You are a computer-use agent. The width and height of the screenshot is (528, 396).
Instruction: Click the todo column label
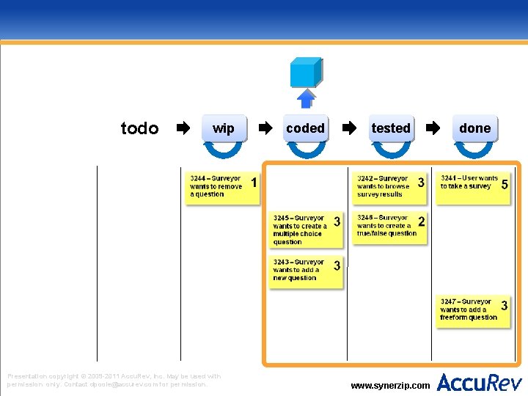point(139,129)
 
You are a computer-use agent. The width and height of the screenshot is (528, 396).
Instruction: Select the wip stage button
point(223,129)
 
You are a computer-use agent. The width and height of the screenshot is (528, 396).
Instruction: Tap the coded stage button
point(306,128)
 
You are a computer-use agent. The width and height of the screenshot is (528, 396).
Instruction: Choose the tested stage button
point(391,128)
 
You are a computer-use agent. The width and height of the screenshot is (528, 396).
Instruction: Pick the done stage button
point(474,128)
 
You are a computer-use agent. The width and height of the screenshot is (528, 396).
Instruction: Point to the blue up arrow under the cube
point(306,98)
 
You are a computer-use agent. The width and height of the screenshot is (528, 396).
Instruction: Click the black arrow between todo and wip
point(183,129)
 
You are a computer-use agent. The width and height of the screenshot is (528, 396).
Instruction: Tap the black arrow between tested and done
point(433,129)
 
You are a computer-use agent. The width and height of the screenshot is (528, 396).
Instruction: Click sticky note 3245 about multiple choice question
point(306,230)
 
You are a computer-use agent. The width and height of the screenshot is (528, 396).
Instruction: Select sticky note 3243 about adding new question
point(306,271)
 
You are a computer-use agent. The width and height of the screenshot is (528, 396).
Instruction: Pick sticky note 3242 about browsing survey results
point(389,187)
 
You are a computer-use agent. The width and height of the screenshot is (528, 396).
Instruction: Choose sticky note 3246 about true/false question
point(389,227)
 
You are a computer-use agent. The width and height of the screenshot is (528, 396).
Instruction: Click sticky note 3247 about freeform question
point(474,310)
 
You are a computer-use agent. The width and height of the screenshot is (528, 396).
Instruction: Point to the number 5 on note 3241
point(505,185)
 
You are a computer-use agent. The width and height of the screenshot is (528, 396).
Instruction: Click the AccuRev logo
point(480,382)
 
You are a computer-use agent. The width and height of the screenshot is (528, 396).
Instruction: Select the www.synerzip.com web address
point(390,385)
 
